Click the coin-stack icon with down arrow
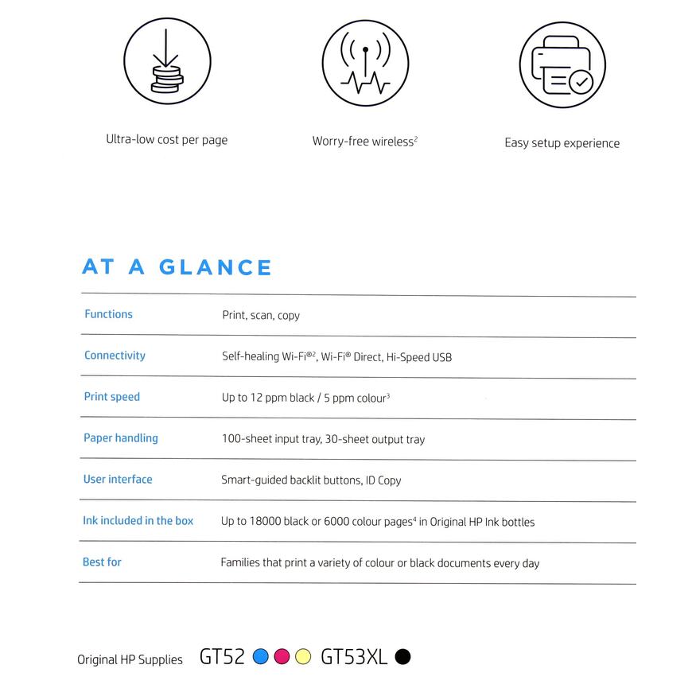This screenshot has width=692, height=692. tap(167, 62)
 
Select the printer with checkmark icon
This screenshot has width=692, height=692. tap(562, 65)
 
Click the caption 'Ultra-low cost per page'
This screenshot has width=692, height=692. tap(167, 140)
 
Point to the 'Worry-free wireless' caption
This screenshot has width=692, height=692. tap(364, 142)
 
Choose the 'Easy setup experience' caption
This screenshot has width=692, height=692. tap(562, 143)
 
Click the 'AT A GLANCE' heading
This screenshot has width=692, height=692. tap(177, 267)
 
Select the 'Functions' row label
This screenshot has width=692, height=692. tap(108, 314)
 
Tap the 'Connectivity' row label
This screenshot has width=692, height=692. tap(115, 356)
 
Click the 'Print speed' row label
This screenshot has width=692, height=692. tap(111, 397)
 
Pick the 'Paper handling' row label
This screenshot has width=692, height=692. tap(120, 438)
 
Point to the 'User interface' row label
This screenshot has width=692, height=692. tap(118, 480)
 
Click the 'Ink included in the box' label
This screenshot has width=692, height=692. tap(138, 521)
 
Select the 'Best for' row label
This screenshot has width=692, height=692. tap(102, 562)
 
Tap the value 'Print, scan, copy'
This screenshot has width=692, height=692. tap(261, 316)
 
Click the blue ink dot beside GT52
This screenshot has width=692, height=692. tap(260, 657)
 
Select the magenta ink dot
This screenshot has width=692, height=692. tap(282, 657)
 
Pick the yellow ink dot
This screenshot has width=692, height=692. tap(303, 657)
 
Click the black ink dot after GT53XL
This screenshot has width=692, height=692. tap(403, 657)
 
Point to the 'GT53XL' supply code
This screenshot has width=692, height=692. tap(354, 657)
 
